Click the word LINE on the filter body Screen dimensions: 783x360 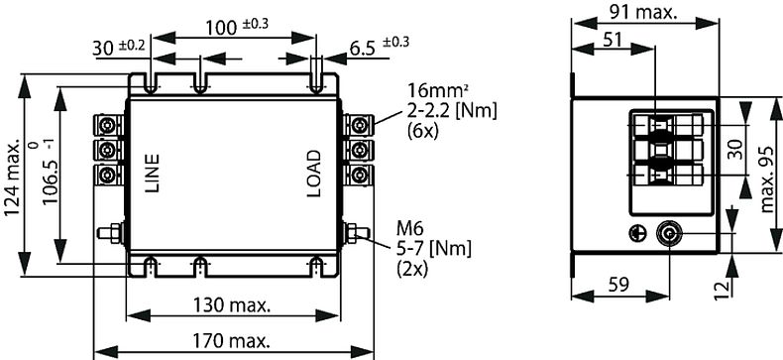pyautogui.click(x=152, y=174)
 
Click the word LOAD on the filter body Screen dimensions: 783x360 pyautogui.click(x=313, y=174)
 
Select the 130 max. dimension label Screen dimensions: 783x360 pyautogui.click(x=232, y=304)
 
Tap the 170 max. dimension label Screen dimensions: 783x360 pyautogui.click(x=232, y=341)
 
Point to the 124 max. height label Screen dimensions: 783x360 pyautogui.click(x=13, y=178)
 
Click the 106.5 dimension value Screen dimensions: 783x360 pyautogui.click(x=51, y=183)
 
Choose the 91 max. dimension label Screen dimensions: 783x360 pyautogui.click(x=643, y=13)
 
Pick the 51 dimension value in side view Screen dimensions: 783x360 pyautogui.click(x=613, y=39)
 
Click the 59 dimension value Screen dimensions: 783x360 pyautogui.click(x=619, y=285)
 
